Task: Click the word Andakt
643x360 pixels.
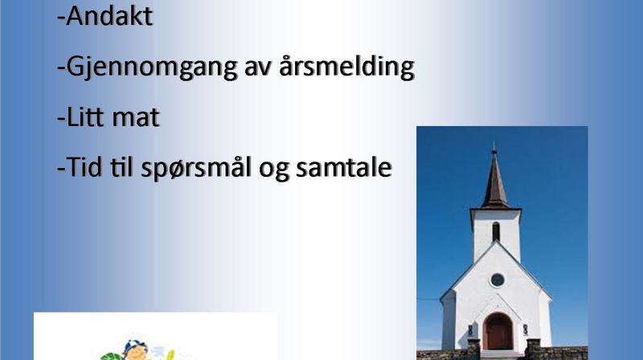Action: (108, 17)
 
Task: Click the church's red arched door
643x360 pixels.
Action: (498, 331)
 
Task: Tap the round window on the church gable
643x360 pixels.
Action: (498, 279)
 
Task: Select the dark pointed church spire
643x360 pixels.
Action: (494, 181)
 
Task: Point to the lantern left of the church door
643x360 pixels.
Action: (470, 330)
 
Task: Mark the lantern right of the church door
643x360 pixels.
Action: (525, 329)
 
